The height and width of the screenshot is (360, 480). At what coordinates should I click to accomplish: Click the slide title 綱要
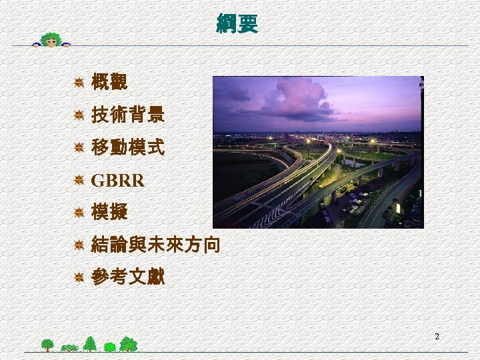(237, 24)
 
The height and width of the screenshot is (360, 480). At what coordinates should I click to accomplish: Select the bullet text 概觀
(109, 83)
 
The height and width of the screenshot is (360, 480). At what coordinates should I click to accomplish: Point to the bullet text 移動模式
(127, 147)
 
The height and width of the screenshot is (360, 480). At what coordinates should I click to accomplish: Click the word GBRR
(117, 180)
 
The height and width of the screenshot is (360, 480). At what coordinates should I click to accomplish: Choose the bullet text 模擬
(109, 212)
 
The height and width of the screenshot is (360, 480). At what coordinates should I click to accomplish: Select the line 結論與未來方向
(155, 245)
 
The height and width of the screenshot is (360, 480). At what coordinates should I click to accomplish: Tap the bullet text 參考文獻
(127, 277)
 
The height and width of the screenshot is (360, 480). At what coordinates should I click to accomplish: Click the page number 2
(437, 337)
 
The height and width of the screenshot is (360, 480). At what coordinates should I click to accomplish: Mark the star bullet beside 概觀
(79, 83)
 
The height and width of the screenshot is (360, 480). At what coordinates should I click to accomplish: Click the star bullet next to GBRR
(79, 180)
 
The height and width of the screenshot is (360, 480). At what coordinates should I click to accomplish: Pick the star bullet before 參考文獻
(79, 277)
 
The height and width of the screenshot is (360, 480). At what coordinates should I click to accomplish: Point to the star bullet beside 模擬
(79, 213)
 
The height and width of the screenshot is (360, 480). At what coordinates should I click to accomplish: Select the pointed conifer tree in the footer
(89, 343)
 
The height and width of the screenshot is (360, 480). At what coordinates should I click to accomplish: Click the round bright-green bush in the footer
(109, 347)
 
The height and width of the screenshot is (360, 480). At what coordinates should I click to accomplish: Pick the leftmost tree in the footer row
(47, 345)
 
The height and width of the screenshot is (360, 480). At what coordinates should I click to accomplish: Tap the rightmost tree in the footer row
(129, 344)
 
